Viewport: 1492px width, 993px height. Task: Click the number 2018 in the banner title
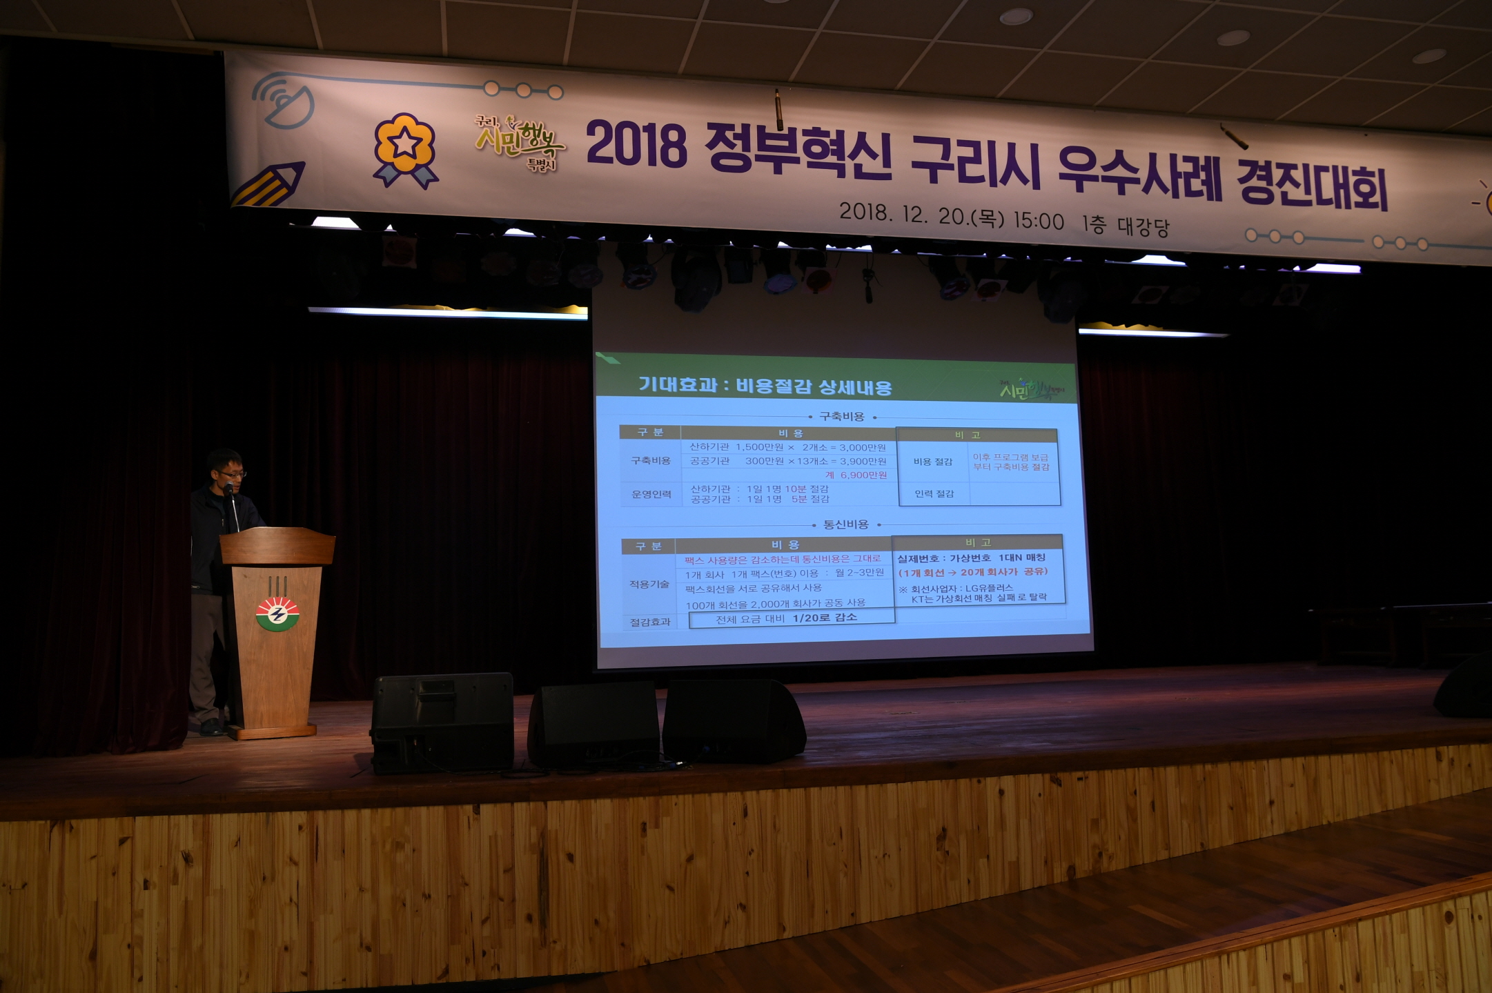(x=636, y=145)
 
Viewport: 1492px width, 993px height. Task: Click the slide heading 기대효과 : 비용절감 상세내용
(x=765, y=385)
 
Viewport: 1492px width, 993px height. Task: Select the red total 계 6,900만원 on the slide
(x=856, y=475)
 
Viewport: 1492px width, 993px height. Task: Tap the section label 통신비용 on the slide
(x=845, y=524)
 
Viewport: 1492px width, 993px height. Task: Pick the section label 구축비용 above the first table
(x=841, y=416)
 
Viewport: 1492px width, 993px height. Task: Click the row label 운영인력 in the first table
(x=651, y=494)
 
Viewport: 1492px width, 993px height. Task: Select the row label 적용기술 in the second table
(x=649, y=584)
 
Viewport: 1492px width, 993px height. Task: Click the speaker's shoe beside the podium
(x=210, y=727)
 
